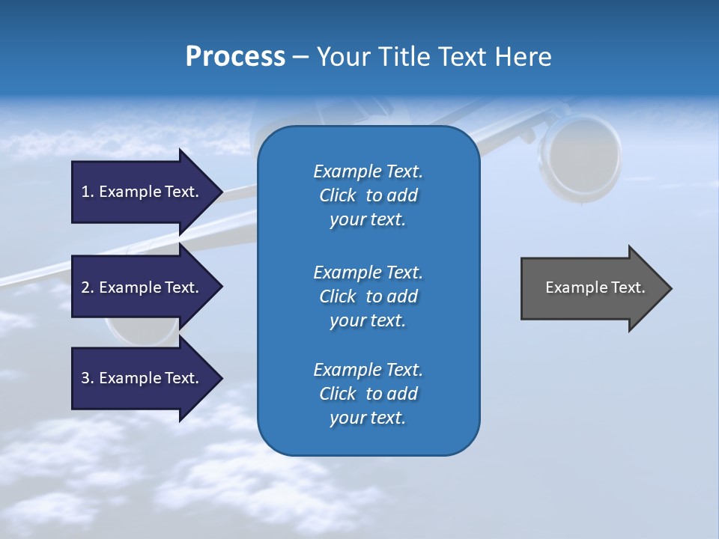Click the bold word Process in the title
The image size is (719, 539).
(235, 57)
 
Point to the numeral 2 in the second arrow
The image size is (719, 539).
(85, 287)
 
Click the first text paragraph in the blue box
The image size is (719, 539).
(368, 195)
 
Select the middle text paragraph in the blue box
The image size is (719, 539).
(368, 296)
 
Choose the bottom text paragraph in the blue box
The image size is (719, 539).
(368, 394)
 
